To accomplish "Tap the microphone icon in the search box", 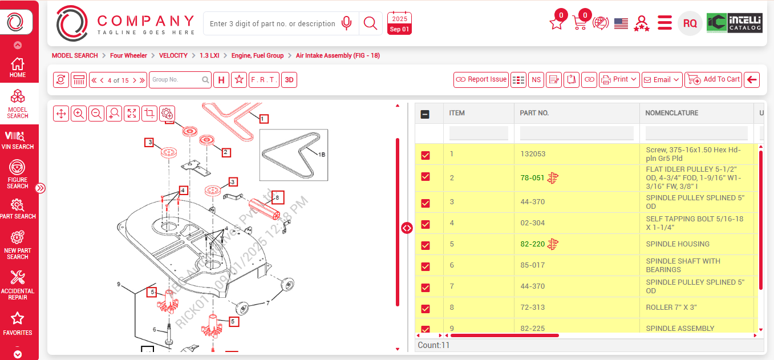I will pyautogui.click(x=346, y=23).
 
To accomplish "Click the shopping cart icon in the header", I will pyautogui.click(x=580, y=23).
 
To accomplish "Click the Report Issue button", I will pyautogui.click(x=481, y=80).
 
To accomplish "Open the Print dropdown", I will pyautogui.click(x=619, y=80).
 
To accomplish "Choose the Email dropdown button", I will pyautogui.click(x=662, y=80).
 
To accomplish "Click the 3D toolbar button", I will pyautogui.click(x=289, y=80).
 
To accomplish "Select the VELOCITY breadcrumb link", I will pyautogui.click(x=173, y=56).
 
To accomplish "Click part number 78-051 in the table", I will pyautogui.click(x=532, y=178).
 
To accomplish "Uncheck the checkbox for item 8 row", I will pyautogui.click(x=425, y=309).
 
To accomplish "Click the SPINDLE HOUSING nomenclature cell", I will pyautogui.click(x=678, y=244).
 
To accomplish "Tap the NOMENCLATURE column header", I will pyautogui.click(x=671, y=113).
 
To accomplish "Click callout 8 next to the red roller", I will pyautogui.click(x=277, y=198).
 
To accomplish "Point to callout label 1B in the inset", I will pyautogui.click(x=321, y=154).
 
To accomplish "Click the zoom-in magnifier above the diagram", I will pyautogui.click(x=79, y=114).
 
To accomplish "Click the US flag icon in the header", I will pyautogui.click(x=621, y=23).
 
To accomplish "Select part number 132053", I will pyautogui.click(x=533, y=154).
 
